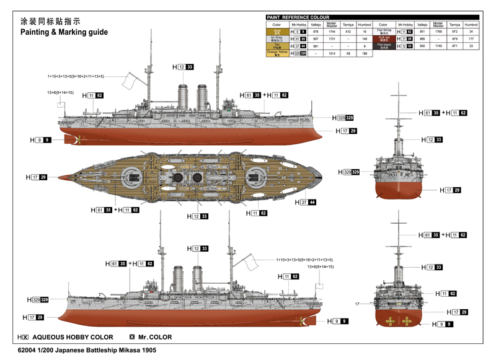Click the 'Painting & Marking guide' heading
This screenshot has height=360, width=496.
tap(64, 32)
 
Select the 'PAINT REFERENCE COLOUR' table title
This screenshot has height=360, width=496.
tap(298, 17)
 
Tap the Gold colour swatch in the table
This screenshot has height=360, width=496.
tap(277, 32)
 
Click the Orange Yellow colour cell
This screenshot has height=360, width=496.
tap(277, 54)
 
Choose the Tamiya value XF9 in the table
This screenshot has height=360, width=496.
tap(454, 39)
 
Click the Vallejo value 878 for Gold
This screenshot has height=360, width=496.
tap(316, 32)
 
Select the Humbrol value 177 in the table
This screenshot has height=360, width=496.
tap(471, 39)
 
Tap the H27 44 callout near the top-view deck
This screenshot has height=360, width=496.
tap(305, 203)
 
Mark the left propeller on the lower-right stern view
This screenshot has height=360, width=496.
tap(389, 322)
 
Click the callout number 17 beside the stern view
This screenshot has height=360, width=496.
tap(357, 304)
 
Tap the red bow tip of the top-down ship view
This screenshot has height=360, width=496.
tap(60, 177)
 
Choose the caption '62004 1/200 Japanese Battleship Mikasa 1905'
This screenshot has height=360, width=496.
tap(87, 351)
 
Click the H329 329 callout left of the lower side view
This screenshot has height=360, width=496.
tap(38, 300)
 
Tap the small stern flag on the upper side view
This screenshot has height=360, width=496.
tap(60, 104)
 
